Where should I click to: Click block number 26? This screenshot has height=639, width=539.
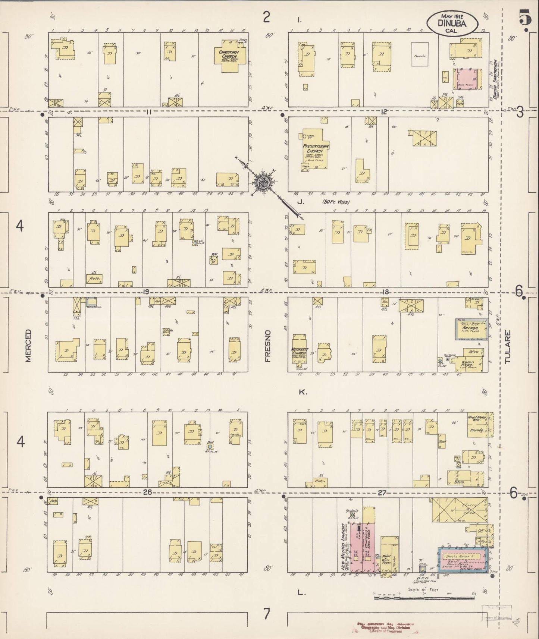148,492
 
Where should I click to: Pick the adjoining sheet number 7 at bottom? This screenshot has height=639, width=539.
266,613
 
